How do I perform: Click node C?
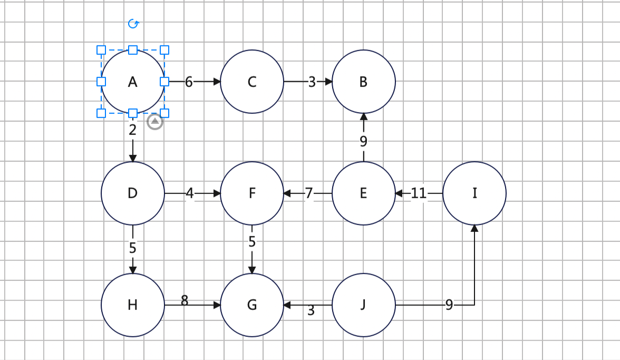point(252,81)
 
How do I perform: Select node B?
point(363,81)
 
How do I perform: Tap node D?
point(133,193)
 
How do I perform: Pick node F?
point(252,193)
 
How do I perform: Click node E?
point(363,193)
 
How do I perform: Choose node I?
point(474,193)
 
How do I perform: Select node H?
point(133,305)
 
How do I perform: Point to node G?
point(252,305)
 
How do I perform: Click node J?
point(363,305)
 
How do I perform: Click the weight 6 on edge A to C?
point(189,82)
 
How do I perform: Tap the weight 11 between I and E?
point(419,193)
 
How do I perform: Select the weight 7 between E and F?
point(309,193)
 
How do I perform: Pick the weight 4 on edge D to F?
point(190,193)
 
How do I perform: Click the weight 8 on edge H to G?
point(185,301)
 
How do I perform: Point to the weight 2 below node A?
point(132,130)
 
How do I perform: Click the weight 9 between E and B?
point(363,141)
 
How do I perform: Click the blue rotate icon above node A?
point(134,24)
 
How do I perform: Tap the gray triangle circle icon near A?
point(155,122)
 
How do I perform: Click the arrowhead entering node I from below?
point(474,228)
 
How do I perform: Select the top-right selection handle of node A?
point(164,50)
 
